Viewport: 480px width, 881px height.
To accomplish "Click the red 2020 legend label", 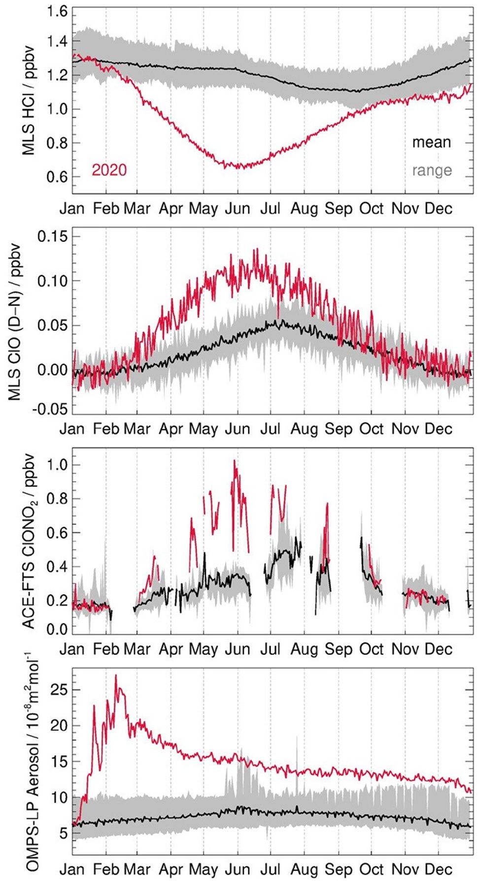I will pyautogui.click(x=109, y=170).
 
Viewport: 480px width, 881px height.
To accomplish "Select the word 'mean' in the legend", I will pyautogui.click(x=431, y=142).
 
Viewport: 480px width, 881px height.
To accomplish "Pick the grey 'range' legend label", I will pyautogui.click(x=432, y=170).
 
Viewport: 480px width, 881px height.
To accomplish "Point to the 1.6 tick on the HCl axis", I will pyautogui.click(x=57, y=11).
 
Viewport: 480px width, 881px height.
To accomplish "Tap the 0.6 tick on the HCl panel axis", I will pyautogui.click(x=57, y=176).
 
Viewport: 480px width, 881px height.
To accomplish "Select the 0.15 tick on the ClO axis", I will pyautogui.click(x=52, y=236).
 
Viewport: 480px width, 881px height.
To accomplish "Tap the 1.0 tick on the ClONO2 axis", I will pyautogui.click(x=57, y=465).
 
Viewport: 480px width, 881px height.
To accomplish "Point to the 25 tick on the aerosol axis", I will pyautogui.click(x=60, y=689).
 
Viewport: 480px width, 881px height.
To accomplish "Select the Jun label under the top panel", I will pyautogui.click(x=238, y=209).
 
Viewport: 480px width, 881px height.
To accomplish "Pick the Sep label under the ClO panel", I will pyautogui.click(x=338, y=429).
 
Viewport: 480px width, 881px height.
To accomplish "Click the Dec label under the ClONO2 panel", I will pyautogui.click(x=438, y=649).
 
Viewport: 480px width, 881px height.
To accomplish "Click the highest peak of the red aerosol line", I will pyautogui.click(x=116, y=676).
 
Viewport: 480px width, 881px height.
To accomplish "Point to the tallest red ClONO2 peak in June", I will pyautogui.click(x=235, y=461).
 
